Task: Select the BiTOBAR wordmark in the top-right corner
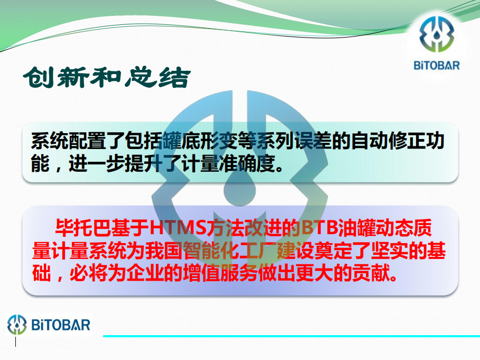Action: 437,66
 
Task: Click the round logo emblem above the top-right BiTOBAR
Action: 437,34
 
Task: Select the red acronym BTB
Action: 320,228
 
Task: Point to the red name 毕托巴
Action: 83,228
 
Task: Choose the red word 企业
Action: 144,273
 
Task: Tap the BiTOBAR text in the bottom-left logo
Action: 61,325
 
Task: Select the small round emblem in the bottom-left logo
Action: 17,325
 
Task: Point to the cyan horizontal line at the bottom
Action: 291,336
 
